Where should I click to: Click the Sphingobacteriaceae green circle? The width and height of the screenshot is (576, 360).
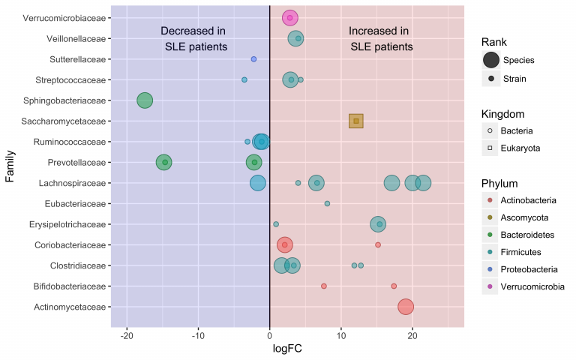click(x=145, y=100)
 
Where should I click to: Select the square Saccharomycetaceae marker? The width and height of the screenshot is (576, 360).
click(x=356, y=121)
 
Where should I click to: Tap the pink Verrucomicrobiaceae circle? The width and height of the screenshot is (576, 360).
click(x=290, y=18)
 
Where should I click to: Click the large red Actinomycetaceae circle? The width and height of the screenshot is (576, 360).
click(x=406, y=307)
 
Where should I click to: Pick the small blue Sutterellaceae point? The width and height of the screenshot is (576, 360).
click(x=253, y=59)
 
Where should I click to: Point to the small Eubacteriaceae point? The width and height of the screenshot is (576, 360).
click(x=327, y=203)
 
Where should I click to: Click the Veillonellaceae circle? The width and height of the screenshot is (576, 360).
click(x=296, y=38)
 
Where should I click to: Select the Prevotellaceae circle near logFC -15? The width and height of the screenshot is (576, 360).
click(x=163, y=162)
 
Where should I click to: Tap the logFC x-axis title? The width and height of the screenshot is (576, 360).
click(x=287, y=349)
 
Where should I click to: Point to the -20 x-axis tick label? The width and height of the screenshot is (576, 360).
click(x=127, y=335)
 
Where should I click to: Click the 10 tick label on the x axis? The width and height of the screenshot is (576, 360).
click(x=341, y=335)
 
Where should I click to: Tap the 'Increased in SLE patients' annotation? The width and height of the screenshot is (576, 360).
click(x=380, y=39)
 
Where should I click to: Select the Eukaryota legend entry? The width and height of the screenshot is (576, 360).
click(x=520, y=148)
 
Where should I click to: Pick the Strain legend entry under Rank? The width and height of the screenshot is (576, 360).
click(x=514, y=78)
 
